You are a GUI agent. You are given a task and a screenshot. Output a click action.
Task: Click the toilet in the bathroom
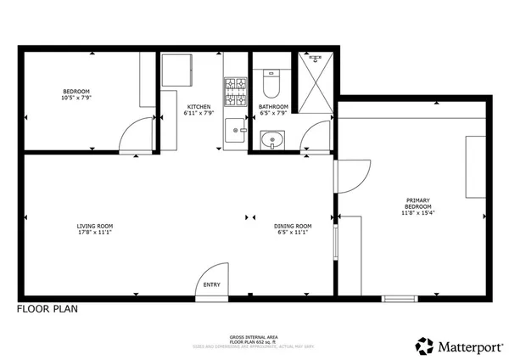[271, 83]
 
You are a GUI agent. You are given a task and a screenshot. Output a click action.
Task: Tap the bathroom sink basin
[271, 139]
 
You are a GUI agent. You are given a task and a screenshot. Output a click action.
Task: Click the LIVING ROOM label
[95, 226]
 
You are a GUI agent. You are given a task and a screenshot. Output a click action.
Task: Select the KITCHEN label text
[199, 106]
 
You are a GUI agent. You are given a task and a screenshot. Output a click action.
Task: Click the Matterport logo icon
[423, 345]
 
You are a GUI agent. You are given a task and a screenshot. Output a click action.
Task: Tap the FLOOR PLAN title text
[48, 310]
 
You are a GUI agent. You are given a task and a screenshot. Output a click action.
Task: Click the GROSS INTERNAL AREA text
[254, 336]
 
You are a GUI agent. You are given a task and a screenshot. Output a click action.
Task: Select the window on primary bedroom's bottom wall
[399, 298]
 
